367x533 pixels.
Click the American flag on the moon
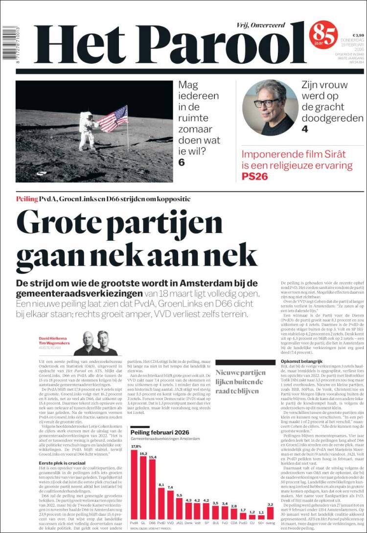point(114,118)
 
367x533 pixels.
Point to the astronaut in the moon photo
point(87,129)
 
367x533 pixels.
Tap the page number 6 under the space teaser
point(182,162)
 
